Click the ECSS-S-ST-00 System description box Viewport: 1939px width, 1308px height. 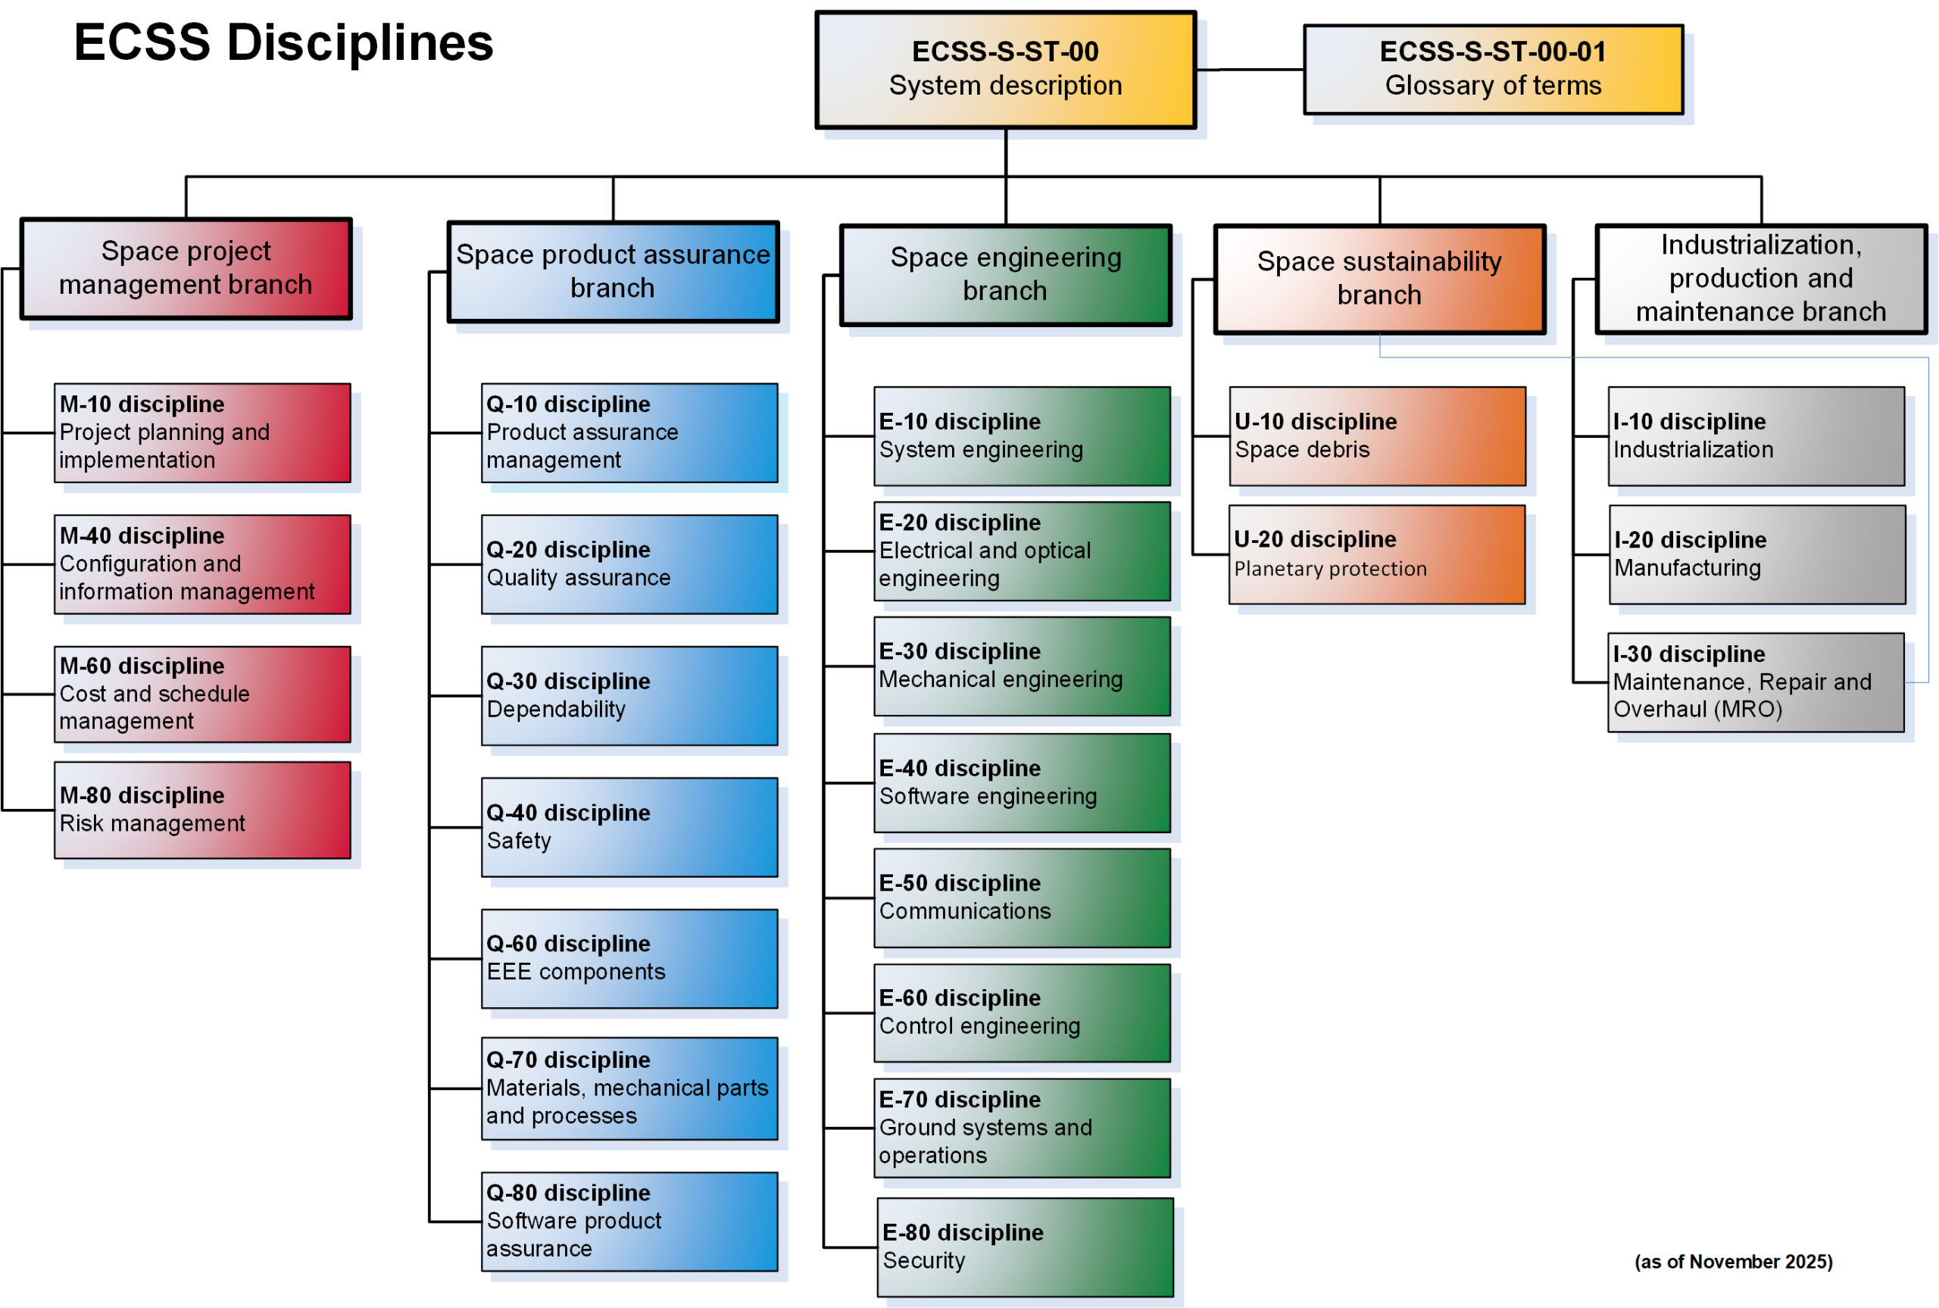pyautogui.click(x=1005, y=69)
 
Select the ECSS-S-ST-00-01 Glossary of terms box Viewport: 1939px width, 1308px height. pyautogui.click(x=1493, y=69)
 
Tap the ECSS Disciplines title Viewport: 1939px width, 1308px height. pyautogui.click(x=283, y=42)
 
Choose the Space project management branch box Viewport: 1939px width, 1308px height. pyautogui.click(x=186, y=269)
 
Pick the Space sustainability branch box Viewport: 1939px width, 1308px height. pyautogui.click(x=1379, y=279)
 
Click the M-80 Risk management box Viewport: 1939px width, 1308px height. pyautogui.click(x=203, y=810)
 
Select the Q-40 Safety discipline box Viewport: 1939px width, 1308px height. pyautogui.click(x=629, y=828)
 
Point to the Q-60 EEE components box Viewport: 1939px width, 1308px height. pyautogui.click(x=629, y=959)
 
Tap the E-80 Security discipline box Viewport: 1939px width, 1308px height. pyautogui.click(x=1025, y=1247)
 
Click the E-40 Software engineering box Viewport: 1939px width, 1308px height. pyautogui.click(x=1022, y=782)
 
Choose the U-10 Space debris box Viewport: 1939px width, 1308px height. pyautogui.click(x=1377, y=435)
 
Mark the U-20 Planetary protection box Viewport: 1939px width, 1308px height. pyautogui.click(x=1376, y=554)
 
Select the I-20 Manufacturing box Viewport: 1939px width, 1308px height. pyautogui.click(x=1756, y=554)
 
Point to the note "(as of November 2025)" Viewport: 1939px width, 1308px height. pyautogui.click(x=1733, y=1261)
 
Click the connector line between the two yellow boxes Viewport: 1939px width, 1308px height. pyautogui.click(x=1249, y=69)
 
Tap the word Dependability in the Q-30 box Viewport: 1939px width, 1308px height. pyautogui.click(x=556, y=709)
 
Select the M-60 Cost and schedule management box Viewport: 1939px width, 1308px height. pyautogui.click(x=203, y=694)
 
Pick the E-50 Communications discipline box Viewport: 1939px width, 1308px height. pyautogui.click(x=1022, y=897)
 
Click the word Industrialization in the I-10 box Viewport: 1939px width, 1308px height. pyautogui.click(x=1693, y=450)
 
